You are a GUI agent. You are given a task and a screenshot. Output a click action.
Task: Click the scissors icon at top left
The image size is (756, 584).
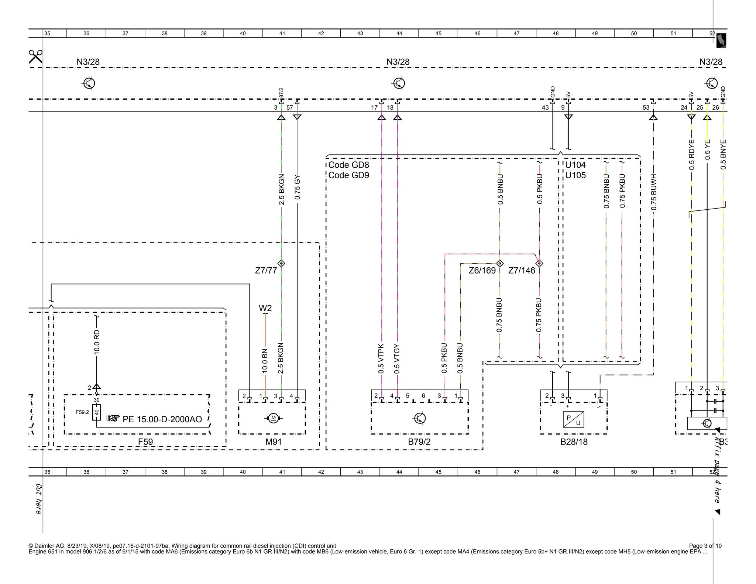[35, 57]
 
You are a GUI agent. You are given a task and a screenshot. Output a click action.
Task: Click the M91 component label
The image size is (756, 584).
[274, 442]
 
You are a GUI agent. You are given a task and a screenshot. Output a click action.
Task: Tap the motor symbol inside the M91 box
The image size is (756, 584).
[274, 418]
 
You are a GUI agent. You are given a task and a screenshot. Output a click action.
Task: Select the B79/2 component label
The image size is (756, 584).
[419, 442]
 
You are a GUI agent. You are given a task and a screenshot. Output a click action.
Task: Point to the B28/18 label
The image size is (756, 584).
[574, 442]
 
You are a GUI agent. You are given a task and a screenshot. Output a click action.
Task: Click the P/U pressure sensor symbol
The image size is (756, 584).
[573, 420]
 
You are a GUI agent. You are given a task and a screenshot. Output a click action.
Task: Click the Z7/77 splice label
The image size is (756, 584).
[266, 271]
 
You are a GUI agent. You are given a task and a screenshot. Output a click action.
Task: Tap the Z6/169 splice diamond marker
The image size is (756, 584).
[500, 264]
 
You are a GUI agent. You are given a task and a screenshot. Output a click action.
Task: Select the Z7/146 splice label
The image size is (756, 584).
[521, 271]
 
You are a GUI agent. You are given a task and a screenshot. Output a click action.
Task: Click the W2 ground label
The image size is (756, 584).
[265, 308]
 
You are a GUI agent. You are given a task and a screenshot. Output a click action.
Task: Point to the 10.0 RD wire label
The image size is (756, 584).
[97, 342]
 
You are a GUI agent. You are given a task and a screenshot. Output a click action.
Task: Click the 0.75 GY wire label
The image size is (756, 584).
[298, 188]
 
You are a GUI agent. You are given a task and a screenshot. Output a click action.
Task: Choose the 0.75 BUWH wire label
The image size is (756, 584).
[654, 192]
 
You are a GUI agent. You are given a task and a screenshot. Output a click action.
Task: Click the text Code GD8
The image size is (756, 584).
[348, 165]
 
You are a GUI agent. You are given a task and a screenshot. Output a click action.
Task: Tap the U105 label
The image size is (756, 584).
[575, 175]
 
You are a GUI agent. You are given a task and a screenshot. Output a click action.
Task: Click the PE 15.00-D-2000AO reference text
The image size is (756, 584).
[162, 419]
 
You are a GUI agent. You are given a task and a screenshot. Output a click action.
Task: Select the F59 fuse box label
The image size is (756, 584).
[145, 442]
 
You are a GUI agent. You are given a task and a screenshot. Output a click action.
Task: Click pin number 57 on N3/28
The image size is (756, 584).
[290, 108]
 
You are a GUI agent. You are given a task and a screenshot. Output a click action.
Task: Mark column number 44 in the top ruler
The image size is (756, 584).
[399, 34]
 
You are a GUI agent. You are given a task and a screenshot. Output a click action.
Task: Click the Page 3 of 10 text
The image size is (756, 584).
[705, 546]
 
